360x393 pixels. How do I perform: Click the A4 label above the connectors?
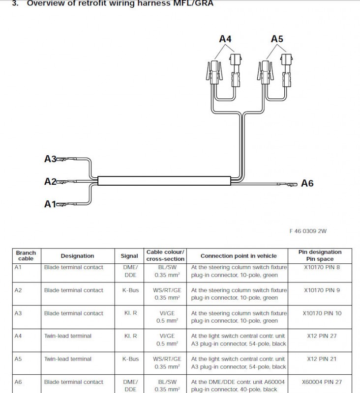point(225,39)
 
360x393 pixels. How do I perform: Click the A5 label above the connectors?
point(277,39)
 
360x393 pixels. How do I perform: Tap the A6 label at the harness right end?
point(307,184)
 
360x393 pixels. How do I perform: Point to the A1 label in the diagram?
point(50,204)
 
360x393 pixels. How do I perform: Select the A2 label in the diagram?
point(50,182)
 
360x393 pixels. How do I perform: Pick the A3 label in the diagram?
point(50,159)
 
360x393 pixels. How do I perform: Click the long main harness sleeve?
point(164,181)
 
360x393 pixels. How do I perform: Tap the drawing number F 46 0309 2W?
point(308,230)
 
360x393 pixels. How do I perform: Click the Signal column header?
point(130,256)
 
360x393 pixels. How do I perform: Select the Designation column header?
point(77,256)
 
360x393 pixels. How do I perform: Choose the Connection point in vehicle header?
point(239,256)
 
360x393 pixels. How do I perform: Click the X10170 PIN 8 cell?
point(322,267)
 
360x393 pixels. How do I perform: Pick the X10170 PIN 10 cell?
point(322,313)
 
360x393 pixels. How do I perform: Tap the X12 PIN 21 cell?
point(322,359)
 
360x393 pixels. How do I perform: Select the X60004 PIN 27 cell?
point(322,382)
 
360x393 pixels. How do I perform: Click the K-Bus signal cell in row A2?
point(130,290)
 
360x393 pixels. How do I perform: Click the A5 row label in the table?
point(18,359)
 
